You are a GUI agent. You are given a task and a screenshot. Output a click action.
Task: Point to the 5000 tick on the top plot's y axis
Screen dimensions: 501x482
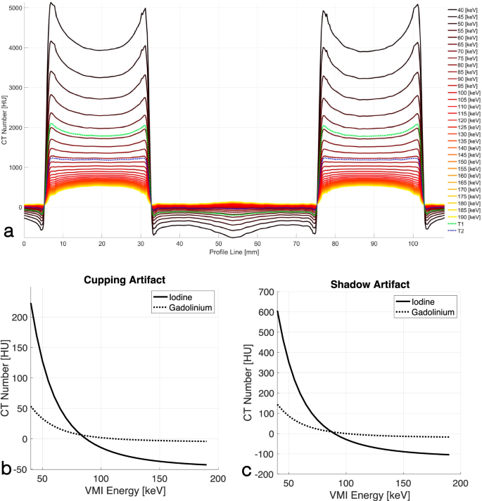tap(13, 8)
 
